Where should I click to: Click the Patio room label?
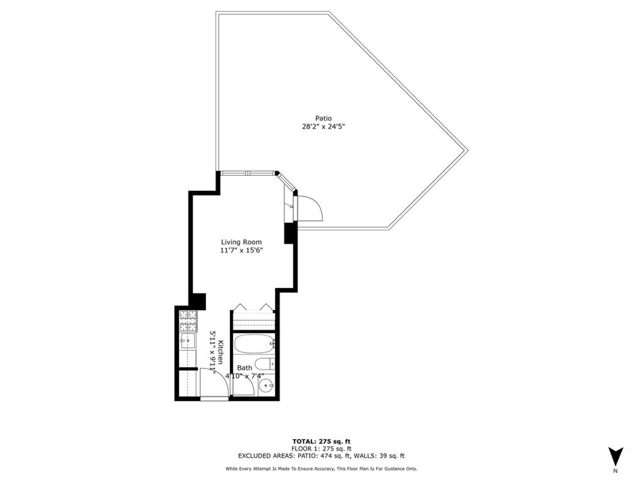(x=323, y=118)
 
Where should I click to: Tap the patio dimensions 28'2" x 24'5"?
(x=323, y=127)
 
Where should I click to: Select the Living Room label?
(x=241, y=242)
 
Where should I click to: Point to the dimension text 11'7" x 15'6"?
(x=241, y=250)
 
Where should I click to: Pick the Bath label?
(x=244, y=368)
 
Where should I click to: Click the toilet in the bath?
(x=264, y=364)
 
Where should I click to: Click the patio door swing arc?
(x=311, y=208)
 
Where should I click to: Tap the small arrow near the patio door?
(x=291, y=206)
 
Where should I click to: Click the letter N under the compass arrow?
(x=615, y=471)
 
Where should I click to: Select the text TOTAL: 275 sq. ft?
(x=321, y=441)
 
